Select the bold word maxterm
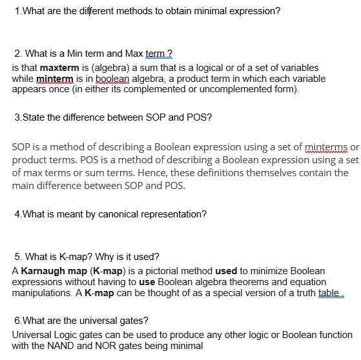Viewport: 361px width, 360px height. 59,68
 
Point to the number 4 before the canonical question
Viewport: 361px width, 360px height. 16,214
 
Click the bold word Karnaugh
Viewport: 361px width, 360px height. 43,272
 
